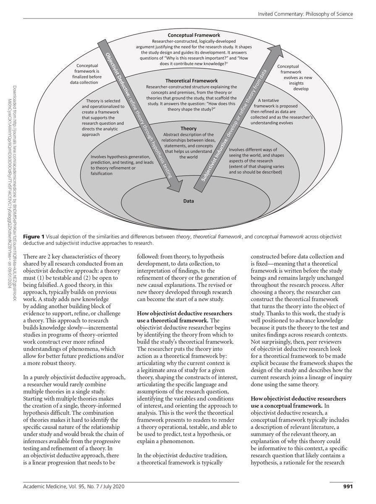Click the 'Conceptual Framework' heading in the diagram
(x=194, y=35)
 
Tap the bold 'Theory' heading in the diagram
(x=188, y=128)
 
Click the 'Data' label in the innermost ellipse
(x=188, y=201)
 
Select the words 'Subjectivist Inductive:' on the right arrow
(x=213, y=165)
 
